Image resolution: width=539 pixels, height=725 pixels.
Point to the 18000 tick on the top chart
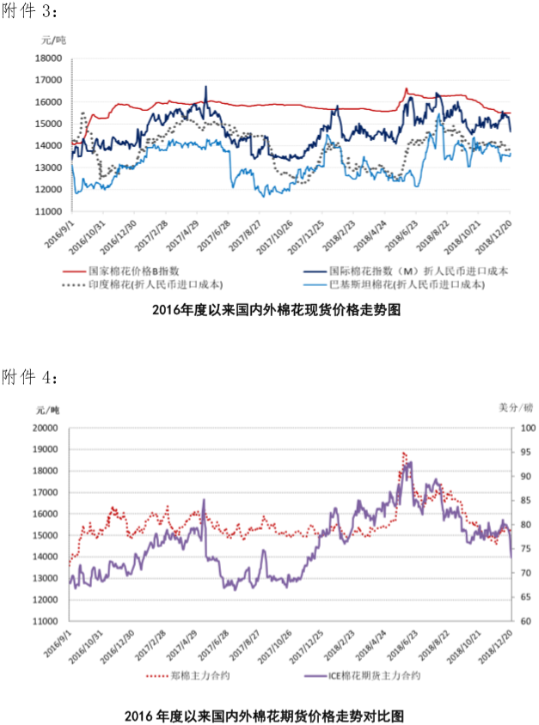47,58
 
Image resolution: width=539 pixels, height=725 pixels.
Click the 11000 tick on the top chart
47,211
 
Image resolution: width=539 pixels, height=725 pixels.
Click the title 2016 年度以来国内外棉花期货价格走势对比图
264,715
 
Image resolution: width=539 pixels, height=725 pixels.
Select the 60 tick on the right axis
524,621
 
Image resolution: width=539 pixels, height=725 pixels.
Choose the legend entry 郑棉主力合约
199,675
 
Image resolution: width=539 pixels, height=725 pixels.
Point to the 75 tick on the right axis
524,549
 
